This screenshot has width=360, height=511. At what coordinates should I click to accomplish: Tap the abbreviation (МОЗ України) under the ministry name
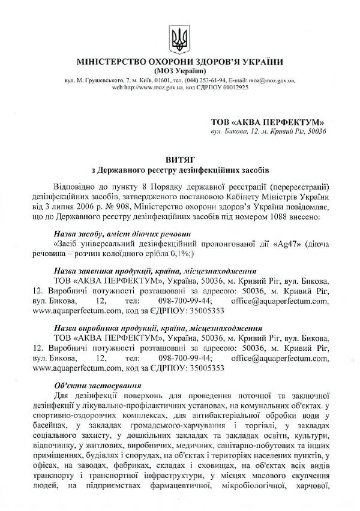[x=179, y=71]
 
